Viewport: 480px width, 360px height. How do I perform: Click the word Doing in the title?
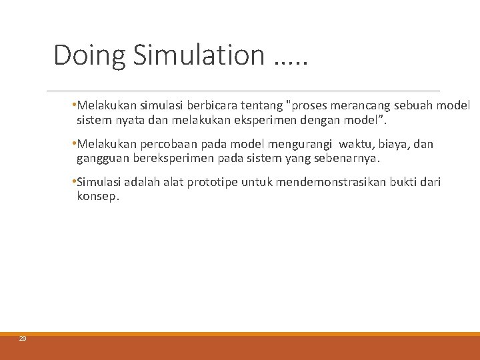pos(89,55)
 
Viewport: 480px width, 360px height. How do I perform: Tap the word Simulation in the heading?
pos(199,55)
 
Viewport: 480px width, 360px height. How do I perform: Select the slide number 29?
pos(22,339)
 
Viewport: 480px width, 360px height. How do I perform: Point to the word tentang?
pos(260,105)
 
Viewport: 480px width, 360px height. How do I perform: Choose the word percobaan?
pos(165,144)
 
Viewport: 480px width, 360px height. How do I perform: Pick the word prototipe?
pos(214,182)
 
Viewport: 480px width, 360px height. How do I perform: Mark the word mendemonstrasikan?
pos(325,182)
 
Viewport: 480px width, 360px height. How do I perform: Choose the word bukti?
pos(403,182)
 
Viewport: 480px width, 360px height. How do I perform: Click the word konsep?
pos(97,197)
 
